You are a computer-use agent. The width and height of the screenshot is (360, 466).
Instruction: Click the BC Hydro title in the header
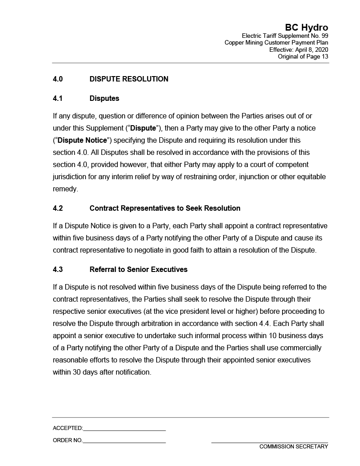click(x=306, y=28)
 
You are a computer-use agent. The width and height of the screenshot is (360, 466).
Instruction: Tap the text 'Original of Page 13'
click(x=303, y=57)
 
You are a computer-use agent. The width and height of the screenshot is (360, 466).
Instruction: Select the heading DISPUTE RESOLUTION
click(x=129, y=79)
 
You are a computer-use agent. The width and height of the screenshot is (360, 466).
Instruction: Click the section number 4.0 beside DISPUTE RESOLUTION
click(x=58, y=79)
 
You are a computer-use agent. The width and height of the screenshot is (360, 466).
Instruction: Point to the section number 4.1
click(x=58, y=98)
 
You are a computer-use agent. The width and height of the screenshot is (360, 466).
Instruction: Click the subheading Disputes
click(x=104, y=98)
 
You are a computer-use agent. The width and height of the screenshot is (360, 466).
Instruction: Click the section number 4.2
click(x=58, y=208)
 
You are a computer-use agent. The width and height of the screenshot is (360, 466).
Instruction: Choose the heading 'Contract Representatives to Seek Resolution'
click(x=165, y=208)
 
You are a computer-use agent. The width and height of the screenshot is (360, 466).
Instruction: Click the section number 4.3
click(x=58, y=270)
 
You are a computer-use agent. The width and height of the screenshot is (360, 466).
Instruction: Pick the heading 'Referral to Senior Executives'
click(x=138, y=270)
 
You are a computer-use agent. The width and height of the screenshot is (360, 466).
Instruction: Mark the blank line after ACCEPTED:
click(x=124, y=429)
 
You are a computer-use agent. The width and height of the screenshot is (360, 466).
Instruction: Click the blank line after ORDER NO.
click(x=124, y=441)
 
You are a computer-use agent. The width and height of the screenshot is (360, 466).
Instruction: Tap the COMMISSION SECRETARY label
click(x=293, y=447)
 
